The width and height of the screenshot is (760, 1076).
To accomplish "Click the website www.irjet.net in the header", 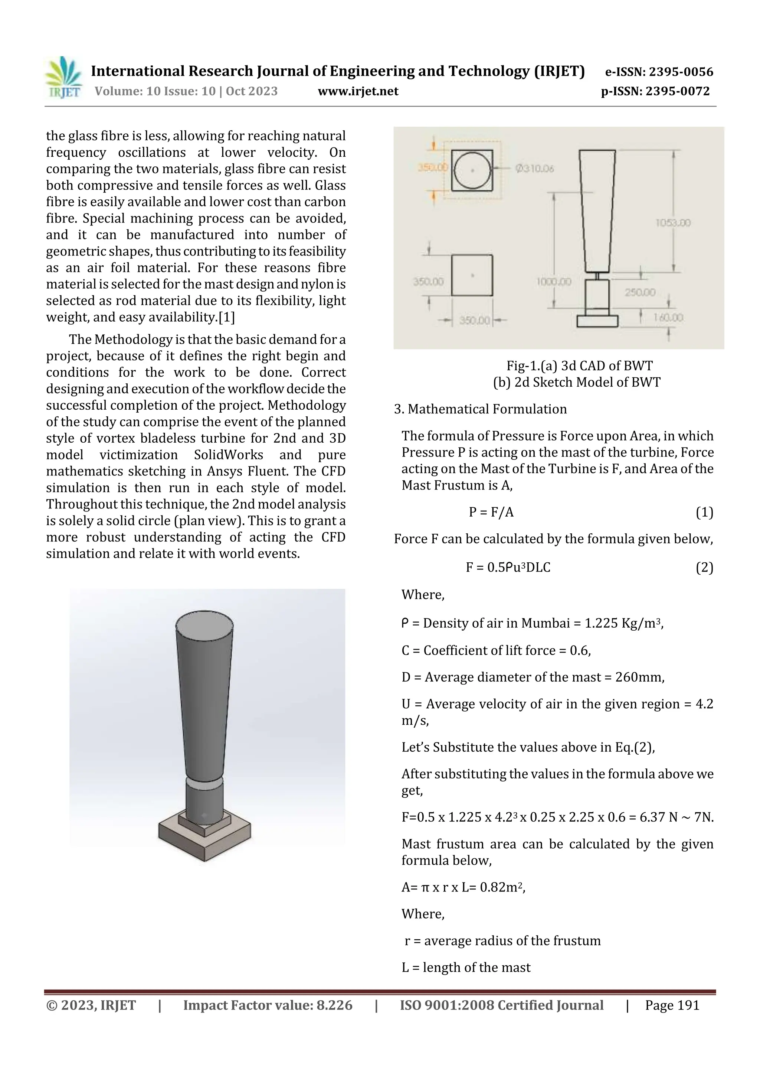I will [x=358, y=91].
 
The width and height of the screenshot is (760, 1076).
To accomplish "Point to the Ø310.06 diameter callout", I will [x=534, y=169].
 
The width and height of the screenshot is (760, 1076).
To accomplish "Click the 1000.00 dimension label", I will [x=554, y=282].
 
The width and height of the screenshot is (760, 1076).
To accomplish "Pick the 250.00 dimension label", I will [x=640, y=292].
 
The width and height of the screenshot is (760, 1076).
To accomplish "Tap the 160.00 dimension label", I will [x=668, y=318].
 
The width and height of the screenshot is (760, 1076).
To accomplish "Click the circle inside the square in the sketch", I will [x=472, y=170].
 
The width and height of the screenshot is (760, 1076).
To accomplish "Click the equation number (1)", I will [x=704, y=512].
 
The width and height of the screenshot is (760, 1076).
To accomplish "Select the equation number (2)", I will [x=704, y=568].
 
